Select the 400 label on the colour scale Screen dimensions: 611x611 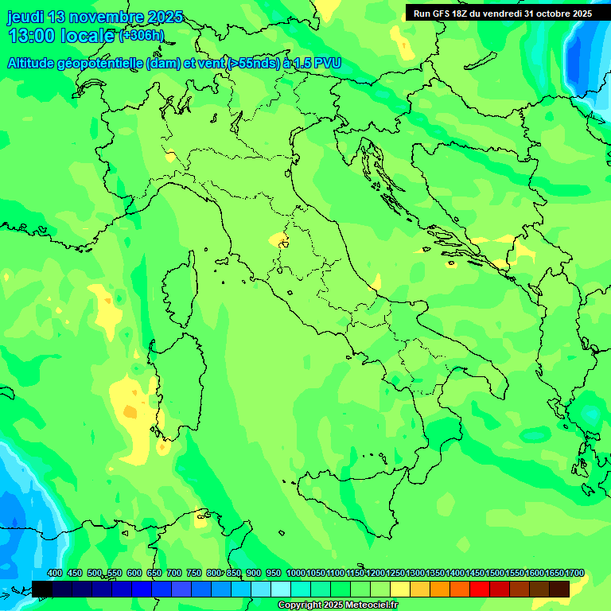point(55,574)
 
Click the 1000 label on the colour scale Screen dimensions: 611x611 point(295,574)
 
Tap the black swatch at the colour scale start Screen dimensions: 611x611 point(42,589)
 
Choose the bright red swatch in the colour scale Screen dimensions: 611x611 point(480,589)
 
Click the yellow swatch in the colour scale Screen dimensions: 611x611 point(400,589)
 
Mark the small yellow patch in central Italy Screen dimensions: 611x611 point(278,239)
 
